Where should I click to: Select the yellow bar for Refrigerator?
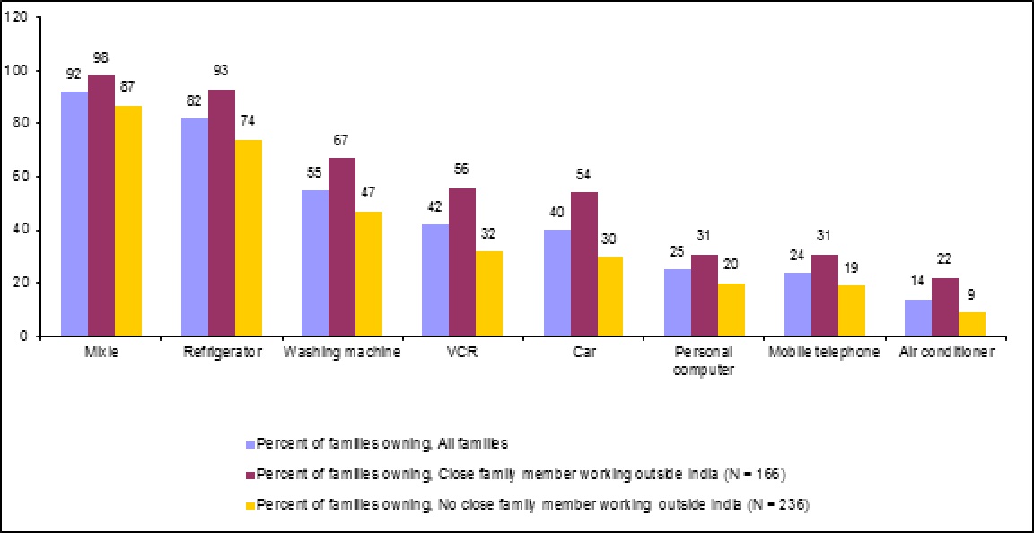coord(249,238)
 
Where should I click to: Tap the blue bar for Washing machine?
coord(314,263)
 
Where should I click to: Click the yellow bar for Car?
coord(610,296)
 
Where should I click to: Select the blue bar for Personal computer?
coord(677,302)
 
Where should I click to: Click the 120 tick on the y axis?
coord(29,18)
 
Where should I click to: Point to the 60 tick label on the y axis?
coord(32,177)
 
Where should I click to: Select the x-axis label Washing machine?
coord(342,353)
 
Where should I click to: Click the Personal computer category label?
coord(704,360)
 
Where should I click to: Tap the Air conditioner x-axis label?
coord(945,353)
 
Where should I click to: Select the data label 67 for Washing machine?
coord(341,141)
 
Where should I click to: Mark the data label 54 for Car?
coord(583,175)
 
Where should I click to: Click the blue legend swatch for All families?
coord(250,443)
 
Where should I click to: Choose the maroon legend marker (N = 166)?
coord(250,474)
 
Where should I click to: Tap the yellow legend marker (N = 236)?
coord(250,504)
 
